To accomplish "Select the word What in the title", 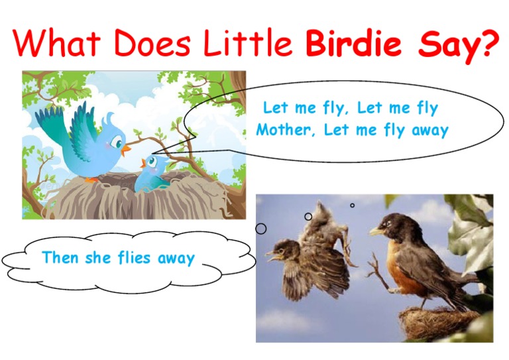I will pyautogui.click(x=57, y=43).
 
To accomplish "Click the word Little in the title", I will pyautogui.click(x=249, y=43).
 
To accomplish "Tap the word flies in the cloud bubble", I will pyautogui.click(x=135, y=257).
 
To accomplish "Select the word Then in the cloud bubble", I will pyautogui.click(x=61, y=257).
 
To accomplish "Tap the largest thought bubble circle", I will pyautogui.click(x=261, y=229).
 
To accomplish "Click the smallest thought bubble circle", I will pyautogui.click(x=352, y=205).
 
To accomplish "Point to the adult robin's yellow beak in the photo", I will pyautogui.click(x=376, y=231).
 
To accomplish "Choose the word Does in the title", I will pyautogui.click(x=155, y=43).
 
